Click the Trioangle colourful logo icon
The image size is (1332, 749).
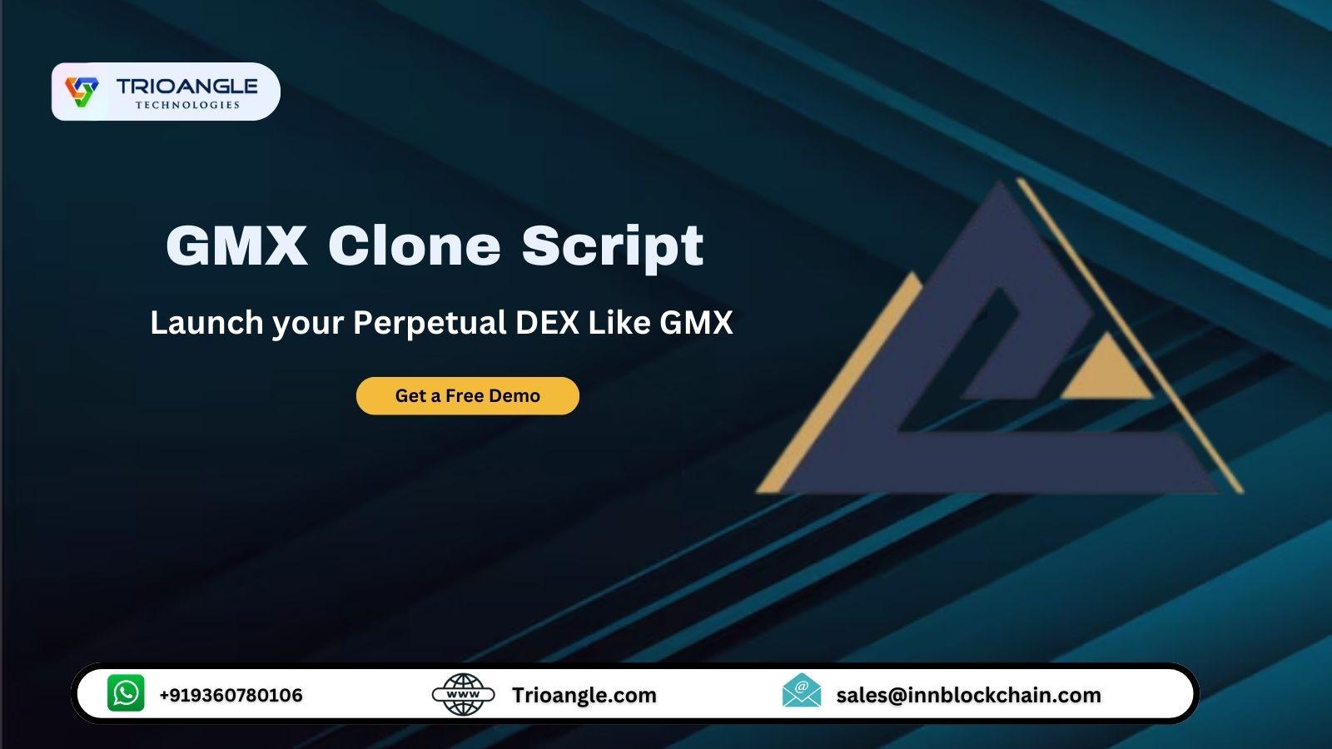[82, 92]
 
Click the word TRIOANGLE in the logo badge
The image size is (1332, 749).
[186, 87]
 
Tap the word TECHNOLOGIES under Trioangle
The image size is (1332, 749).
[187, 105]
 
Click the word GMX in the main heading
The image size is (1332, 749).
[236, 245]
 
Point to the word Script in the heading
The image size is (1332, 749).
[613, 249]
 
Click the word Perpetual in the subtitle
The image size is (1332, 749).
[430, 324]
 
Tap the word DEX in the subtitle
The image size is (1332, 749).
[547, 323]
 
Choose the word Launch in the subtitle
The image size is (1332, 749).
[206, 323]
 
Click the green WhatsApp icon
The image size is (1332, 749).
[126, 692]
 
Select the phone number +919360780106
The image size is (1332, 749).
[231, 695]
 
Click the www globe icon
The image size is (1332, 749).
[463, 694]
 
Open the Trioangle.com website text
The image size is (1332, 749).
[584, 696]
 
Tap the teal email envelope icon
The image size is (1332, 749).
[802, 691]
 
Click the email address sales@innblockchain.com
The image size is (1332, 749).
[969, 695]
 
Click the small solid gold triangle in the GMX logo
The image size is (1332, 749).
[1106, 370]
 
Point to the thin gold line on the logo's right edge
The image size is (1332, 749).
[1130, 336]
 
